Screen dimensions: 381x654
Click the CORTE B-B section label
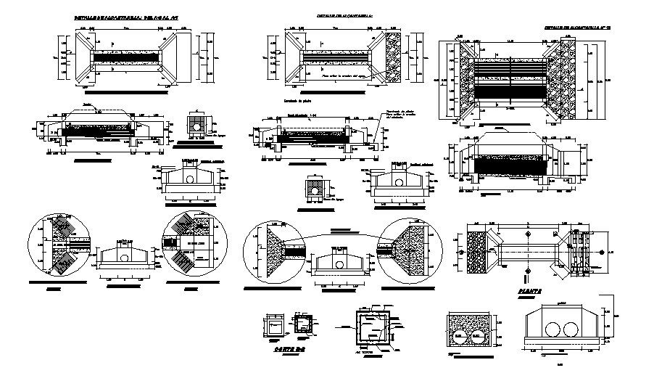(x=286, y=349)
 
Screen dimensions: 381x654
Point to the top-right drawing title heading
(x=577, y=27)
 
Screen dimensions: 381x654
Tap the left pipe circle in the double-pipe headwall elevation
(x=548, y=328)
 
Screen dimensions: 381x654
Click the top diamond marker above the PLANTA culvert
(x=527, y=235)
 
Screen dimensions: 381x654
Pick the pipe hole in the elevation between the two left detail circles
(x=124, y=257)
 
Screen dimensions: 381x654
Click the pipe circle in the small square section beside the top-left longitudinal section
(x=196, y=125)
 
